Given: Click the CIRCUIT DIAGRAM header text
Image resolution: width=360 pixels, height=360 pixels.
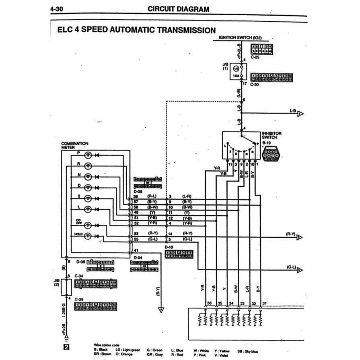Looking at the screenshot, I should (178, 9).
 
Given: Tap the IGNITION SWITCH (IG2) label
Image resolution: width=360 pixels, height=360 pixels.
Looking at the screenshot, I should (240, 37).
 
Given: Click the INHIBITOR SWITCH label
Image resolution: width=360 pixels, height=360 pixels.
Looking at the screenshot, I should (272, 135).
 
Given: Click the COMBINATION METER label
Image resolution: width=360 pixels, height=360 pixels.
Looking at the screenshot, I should (75, 145).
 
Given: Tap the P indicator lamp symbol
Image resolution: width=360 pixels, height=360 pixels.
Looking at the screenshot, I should (88, 155).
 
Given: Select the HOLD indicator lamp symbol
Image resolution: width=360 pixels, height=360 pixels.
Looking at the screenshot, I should (88, 236).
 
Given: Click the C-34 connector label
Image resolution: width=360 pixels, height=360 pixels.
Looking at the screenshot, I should (79, 276).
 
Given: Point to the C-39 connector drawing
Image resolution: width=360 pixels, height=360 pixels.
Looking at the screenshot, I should (96, 307).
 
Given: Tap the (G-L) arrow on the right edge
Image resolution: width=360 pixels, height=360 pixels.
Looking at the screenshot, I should (299, 270).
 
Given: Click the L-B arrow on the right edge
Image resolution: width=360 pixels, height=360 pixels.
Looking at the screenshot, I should (300, 114).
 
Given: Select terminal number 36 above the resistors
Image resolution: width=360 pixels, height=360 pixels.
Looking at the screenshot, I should (209, 303).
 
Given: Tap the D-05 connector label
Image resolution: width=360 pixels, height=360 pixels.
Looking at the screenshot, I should (138, 192).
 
